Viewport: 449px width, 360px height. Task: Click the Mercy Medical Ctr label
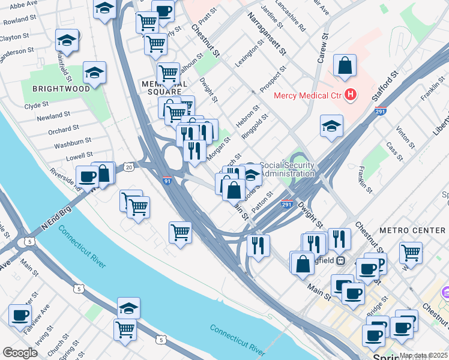click(x=307, y=95)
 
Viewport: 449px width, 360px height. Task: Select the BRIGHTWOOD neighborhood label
click(x=61, y=88)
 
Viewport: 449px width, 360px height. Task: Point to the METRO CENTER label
click(x=412, y=230)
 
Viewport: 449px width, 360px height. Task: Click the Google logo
click(x=20, y=353)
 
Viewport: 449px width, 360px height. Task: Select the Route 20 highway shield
click(x=128, y=166)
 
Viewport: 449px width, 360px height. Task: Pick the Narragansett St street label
click(x=267, y=37)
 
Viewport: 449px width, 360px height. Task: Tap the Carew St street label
click(x=322, y=48)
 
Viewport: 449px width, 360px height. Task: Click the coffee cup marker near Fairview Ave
click(x=20, y=315)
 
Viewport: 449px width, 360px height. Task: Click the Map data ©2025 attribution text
click(x=424, y=355)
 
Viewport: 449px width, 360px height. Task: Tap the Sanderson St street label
click(x=16, y=52)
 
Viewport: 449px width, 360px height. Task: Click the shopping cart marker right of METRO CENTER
click(x=411, y=252)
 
